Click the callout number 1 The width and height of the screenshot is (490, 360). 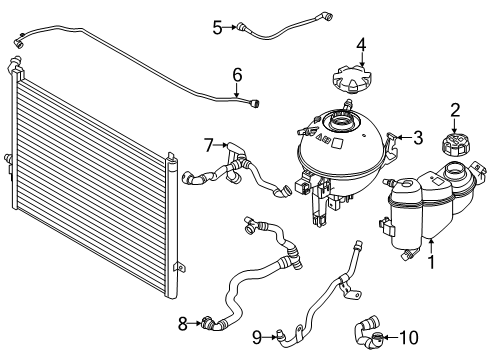[x=431, y=262]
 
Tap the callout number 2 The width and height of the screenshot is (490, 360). [x=455, y=110]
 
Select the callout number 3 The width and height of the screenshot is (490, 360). [x=418, y=137]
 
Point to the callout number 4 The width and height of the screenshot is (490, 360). [x=362, y=45]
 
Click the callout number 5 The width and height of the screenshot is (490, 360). [x=217, y=27]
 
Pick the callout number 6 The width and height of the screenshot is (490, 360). [x=237, y=75]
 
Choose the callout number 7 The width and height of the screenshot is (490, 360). [x=209, y=145]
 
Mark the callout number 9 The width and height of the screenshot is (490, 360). [x=257, y=337]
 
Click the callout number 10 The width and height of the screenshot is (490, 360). [x=409, y=337]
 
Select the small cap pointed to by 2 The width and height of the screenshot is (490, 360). [x=455, y=144]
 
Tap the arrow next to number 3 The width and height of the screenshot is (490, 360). [x=404, y=137]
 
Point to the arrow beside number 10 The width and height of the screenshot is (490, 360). [x=390, y=337]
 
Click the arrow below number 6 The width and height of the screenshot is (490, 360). [x=237, y=90]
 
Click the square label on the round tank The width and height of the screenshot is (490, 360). [x=338, y=143]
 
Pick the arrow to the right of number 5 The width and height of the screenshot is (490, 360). [x=230, y=27]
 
